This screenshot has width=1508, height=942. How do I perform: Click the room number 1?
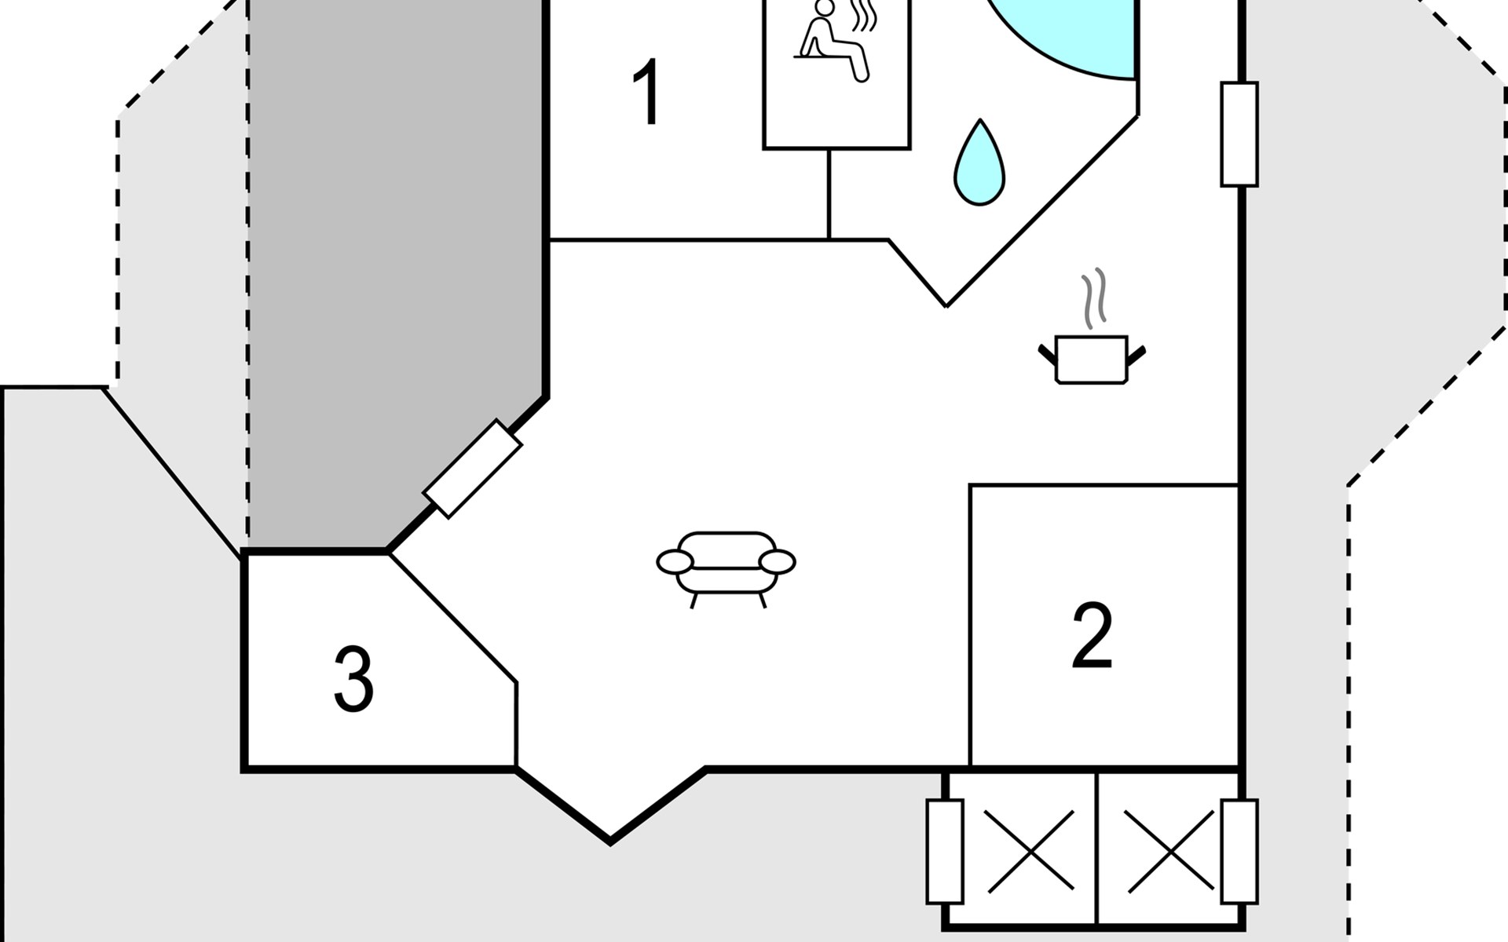point(647,93)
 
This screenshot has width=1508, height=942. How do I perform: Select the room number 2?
point(1093,635)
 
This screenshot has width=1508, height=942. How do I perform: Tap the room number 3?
point(353,679)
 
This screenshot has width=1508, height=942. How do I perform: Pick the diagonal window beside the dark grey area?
point(472,469)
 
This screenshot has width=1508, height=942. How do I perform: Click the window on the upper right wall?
point(1239,134)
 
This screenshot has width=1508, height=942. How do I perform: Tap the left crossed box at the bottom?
point(1030,852)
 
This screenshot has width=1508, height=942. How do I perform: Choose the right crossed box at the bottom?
point(1169,852)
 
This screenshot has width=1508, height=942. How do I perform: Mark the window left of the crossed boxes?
point(945,852)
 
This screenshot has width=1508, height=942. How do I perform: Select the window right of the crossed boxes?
point(1239,852)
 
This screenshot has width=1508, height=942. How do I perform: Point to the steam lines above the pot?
point(1093,298)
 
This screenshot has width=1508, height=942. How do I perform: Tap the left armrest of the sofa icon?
point(675,562)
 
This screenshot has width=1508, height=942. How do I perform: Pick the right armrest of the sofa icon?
point(778,562)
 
